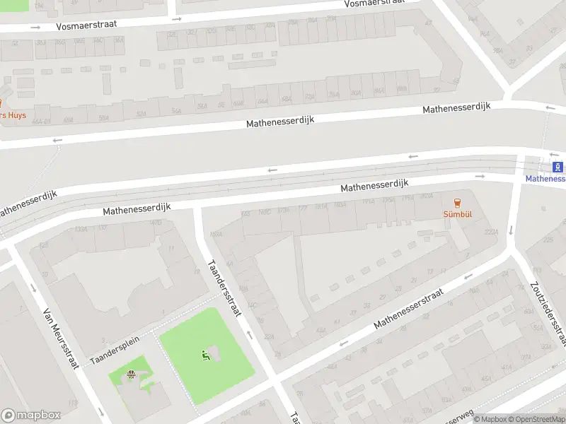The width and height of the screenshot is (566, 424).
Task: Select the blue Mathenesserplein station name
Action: coord(545,179)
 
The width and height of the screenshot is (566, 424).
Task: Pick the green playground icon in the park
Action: coord(206,355)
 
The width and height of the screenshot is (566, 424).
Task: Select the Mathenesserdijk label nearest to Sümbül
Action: coord(375,186)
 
